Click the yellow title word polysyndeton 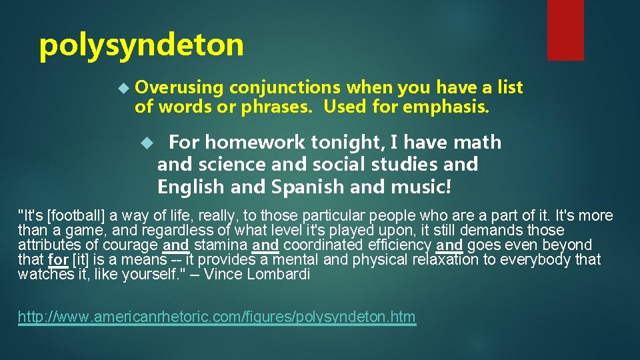pyautogui.click(x=141, y=46)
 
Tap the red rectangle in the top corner pyautogui.click(x=565, y=30)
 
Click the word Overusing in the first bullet pyautogui.click(x=179, y=87)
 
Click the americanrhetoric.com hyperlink pyautogui.click(x=217, y=317)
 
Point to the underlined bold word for pyautogui.click(x=58, y=259)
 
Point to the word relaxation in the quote pyautogui.click(x=441, y=259)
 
